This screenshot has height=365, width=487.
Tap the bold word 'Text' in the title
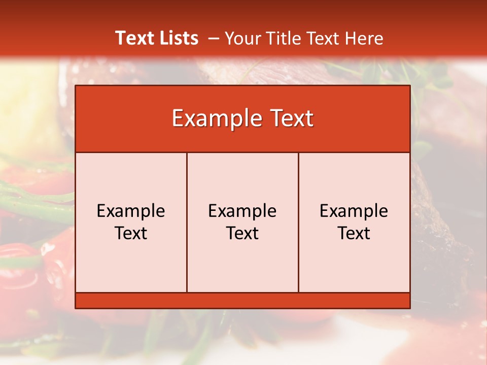pyautogui.click(x=133, y=38)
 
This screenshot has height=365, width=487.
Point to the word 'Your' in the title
pyautogui.click(x=240, y=38)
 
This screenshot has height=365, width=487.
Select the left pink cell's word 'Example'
pyautogui.click(x=131, y=211)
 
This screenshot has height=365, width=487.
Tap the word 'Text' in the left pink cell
pyautogui.click(x=131, y=233)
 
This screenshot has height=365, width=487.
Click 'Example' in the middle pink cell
pyautogui.click(x=242, y=211)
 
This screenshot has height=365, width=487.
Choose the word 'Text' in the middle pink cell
pyautogui.click(x=242, y=233)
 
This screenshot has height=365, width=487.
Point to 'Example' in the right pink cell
pyautogui.click(x=354, y=211)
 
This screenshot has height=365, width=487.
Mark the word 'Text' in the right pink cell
pyautogui.click(x=354, y=233)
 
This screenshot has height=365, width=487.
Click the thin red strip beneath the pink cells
pyautogui.click(x=242, y=300)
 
